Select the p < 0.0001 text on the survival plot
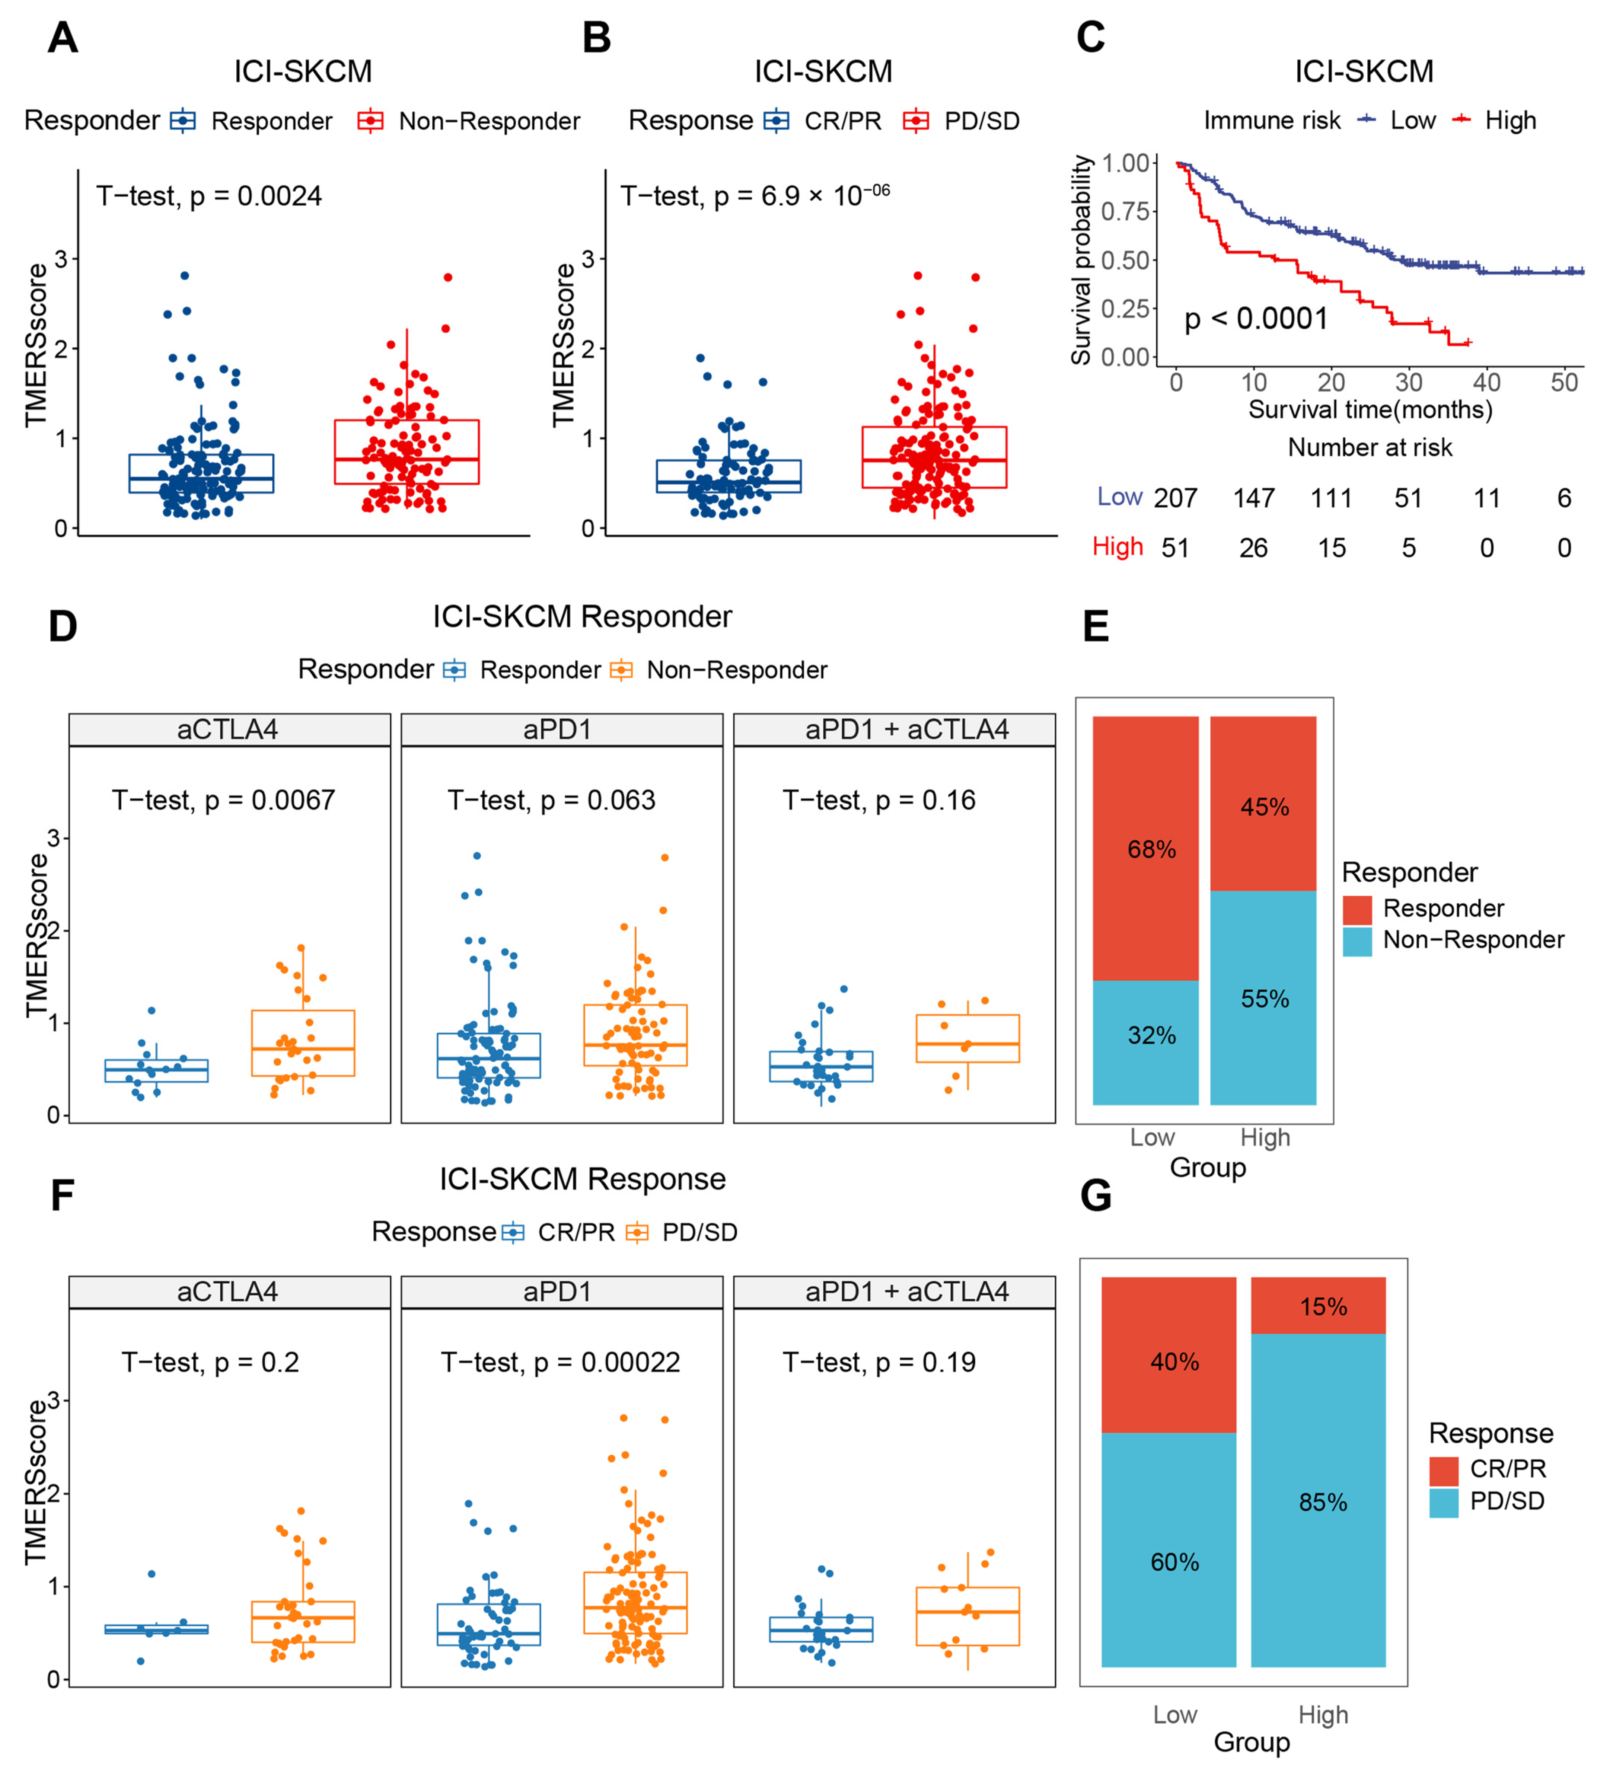[1255, 318]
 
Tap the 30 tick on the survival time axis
[1408, 382]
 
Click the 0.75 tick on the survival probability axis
[1125, 212]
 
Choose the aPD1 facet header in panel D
[557, 729]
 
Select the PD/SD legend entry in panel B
[981, 121]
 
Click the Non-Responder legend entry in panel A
[489, 121]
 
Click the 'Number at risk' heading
[1370, 447]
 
